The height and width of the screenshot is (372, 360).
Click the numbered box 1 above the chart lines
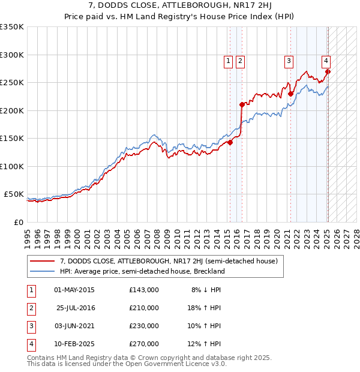[229, 60]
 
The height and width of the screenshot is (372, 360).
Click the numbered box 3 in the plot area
[289, 60]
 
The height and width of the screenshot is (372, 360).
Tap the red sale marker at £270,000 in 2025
[328, 72]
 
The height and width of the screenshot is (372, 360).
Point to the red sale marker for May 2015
[230, 142]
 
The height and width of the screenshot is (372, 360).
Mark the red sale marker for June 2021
[290, 94]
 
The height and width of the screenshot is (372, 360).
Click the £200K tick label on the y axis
[11, 110]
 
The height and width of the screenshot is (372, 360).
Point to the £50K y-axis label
[14, 194]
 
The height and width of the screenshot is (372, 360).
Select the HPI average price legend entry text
[142, 271]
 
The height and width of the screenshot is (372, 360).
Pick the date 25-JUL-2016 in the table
[76, 308]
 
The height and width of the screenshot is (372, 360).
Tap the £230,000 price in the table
[143, 326]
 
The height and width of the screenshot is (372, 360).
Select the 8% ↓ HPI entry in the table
[206, 290]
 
